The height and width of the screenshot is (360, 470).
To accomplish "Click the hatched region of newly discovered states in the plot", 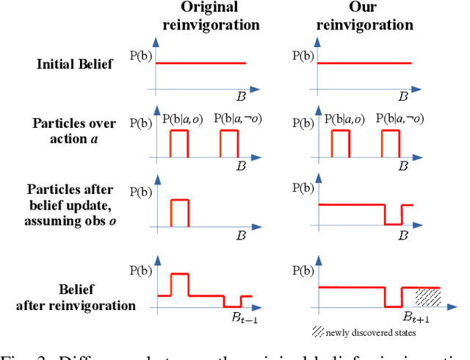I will [428, 296].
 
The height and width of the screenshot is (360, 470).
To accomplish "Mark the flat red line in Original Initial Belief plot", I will [198, 63].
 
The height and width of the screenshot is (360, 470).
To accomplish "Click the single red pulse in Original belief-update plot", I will [180, 200].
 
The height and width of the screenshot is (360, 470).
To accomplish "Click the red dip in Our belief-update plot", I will [393, 223].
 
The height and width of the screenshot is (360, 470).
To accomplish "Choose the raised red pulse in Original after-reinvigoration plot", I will [180, 274].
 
